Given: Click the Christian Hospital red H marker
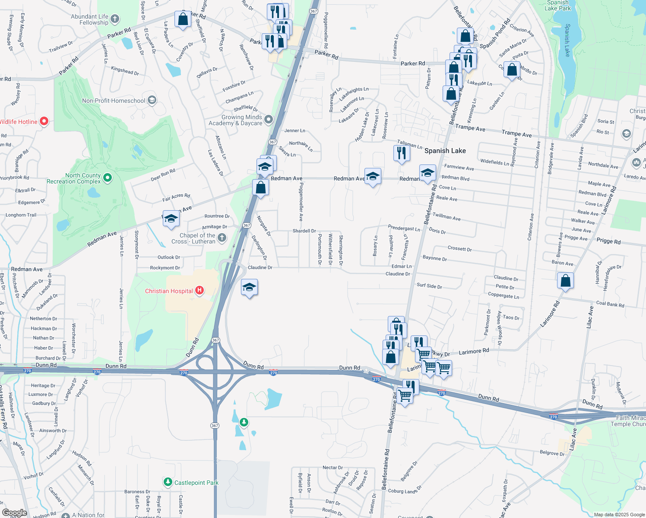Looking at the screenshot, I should coord(199,291).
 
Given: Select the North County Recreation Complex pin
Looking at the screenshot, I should coord(108,177).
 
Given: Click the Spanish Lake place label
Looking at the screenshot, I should coord(445,151).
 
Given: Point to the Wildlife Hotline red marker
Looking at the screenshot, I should coord(44,121).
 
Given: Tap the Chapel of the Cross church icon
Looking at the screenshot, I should coord(222,237).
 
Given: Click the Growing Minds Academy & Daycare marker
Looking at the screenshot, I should coord(269,119).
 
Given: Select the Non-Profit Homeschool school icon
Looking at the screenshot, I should coord(152,100).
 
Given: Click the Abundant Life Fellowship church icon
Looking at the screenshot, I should coord(114,19).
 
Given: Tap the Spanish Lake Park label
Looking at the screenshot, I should coord(557,6).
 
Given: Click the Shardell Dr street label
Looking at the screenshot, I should coord(304,231).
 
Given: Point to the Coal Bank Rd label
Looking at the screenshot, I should coord(610,304).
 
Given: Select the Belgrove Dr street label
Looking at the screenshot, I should coord(552,453).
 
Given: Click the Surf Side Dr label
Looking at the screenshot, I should coord(429,286).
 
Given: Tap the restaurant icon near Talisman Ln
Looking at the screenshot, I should coord(402,153).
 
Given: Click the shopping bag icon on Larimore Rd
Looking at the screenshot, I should coord(565,281).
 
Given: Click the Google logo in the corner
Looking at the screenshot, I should coord(14,513).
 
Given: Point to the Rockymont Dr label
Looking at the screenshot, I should coord(165,268).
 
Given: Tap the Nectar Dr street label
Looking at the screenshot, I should coord(332,467).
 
